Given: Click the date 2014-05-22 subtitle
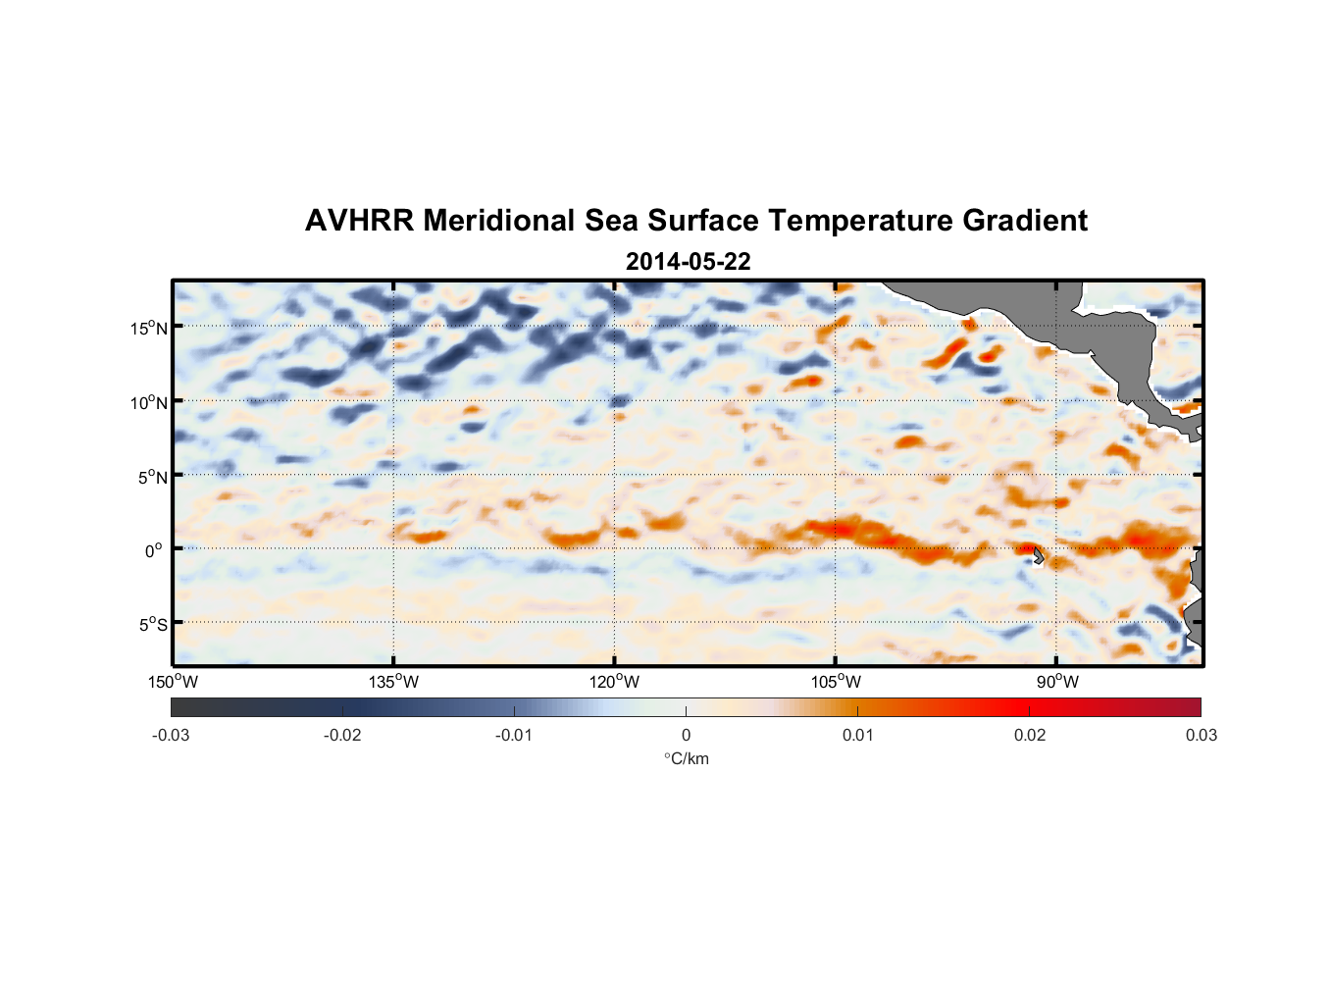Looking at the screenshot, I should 688,262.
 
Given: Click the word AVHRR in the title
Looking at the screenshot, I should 358,221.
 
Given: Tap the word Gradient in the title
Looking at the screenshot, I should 1024,221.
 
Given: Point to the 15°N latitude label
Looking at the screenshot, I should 149,328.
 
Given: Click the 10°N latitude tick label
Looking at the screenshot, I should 149,402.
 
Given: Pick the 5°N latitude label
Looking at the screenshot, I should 152,477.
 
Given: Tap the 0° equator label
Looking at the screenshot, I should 154,550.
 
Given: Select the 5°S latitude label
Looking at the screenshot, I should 152,625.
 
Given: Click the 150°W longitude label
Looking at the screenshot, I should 174,682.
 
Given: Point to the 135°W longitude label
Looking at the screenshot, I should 394,682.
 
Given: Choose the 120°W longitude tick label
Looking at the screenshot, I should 615,682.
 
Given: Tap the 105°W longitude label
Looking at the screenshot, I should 836,682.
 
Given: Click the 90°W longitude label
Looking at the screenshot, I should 1057,682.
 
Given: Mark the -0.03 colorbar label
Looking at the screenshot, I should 171,736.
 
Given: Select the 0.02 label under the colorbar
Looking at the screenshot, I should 1030,736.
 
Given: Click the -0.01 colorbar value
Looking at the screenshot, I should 514,736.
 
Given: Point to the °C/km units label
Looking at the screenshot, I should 687,758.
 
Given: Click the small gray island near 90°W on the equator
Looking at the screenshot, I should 1038,556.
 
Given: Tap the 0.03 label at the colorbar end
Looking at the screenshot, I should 1201,736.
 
